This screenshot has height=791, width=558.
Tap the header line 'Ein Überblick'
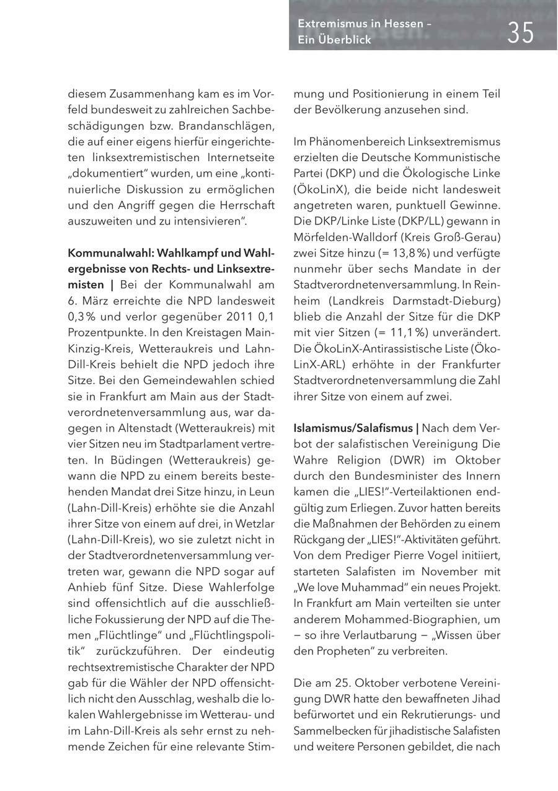334,40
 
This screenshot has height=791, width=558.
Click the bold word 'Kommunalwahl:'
108,253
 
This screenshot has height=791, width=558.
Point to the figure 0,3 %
81,301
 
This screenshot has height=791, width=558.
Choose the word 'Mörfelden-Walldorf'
339,237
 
